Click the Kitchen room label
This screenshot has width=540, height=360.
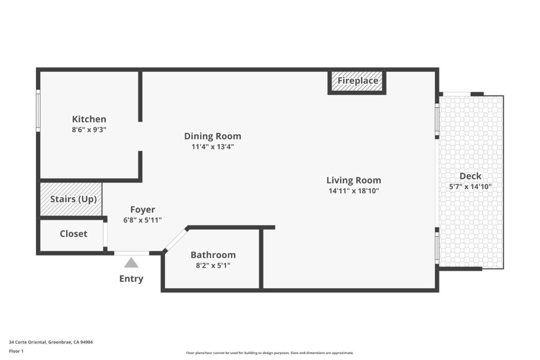(89, 119)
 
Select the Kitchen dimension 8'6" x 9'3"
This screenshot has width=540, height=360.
(89, 130)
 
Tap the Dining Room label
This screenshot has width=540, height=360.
(213, 136)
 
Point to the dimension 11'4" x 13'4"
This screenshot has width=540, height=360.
(213, 147)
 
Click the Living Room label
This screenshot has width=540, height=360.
(354, 180)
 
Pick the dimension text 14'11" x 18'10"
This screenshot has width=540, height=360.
(354, 191)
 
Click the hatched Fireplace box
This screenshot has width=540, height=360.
(357, 82)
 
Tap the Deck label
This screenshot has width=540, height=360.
(470, 176)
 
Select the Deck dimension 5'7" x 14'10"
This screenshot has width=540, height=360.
(470, 187)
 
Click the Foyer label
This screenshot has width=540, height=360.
(142, 210)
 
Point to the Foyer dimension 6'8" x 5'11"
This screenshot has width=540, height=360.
(142, 220)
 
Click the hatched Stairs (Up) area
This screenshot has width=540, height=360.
(71, 199)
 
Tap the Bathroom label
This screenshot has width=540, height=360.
(213, 255)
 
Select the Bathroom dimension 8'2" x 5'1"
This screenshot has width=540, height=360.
(213, 265)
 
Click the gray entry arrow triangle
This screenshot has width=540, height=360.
(131, 264)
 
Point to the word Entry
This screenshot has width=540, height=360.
(131, 278)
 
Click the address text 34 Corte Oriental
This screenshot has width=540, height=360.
(27, 342)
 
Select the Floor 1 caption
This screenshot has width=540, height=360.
(16, 352)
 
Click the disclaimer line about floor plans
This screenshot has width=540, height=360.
(269, 353)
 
